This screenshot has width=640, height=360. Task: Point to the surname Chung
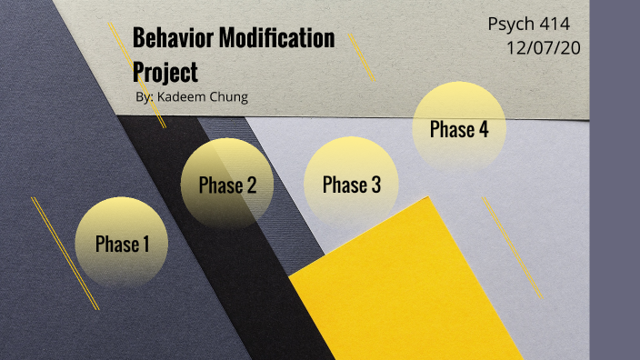[x=228, y=96]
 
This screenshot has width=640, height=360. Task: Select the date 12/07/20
[x=543, y=47]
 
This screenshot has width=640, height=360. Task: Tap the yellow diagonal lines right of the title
[x=362, y=60]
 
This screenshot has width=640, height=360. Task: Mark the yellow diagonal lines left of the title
[x=119, y=50]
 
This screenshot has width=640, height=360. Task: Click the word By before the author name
[x=142, y=96]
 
